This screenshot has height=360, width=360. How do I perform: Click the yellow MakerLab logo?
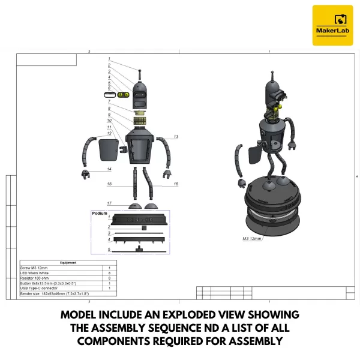pos(332,25)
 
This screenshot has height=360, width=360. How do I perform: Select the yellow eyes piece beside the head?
pos(124,95)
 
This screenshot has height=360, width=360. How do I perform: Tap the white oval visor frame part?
pos(110,95)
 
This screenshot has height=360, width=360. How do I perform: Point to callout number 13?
pos(176,137)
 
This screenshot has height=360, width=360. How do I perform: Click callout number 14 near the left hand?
pos(110,170)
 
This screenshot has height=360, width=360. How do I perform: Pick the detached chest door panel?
pos(109,151)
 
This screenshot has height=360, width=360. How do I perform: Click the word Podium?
pos(100,213)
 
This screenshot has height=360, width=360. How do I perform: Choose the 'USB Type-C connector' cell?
pos(41,289)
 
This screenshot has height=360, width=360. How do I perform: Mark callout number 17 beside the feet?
pos(110,203)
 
